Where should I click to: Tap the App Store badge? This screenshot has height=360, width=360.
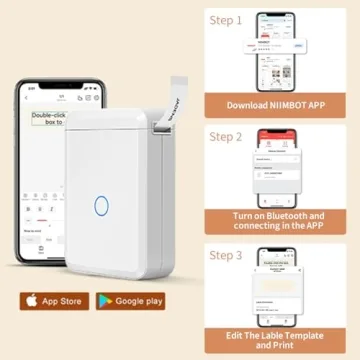click(49, 300)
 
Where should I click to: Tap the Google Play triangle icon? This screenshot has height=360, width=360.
click(103, 300)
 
